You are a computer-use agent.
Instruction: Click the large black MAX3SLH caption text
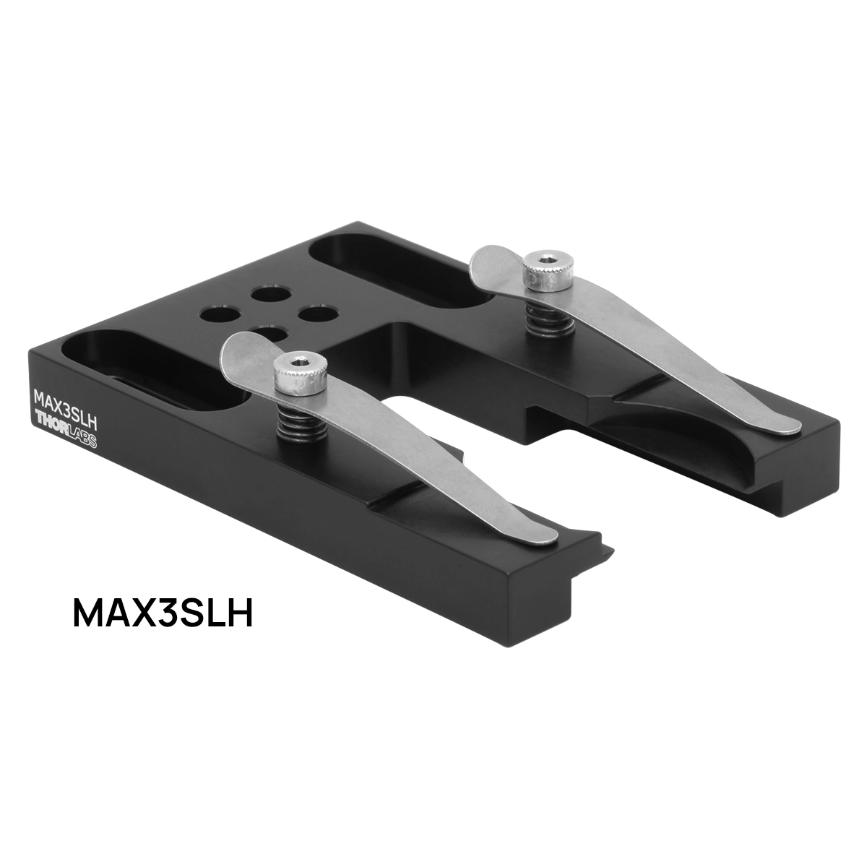[163, 611]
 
